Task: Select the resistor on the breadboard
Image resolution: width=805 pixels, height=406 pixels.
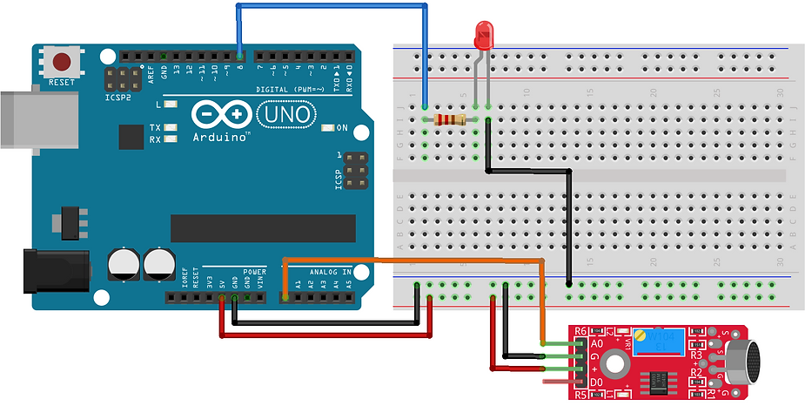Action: [451, 119]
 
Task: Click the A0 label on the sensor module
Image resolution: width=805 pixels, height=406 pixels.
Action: [598, 343]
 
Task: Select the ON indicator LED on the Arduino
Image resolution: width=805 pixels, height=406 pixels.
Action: [328, 128]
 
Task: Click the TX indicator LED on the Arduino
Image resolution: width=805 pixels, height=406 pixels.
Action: [170, 127]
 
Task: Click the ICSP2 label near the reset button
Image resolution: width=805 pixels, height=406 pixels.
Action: [117, 98]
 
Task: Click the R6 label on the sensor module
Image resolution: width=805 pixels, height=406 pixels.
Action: [581, 331]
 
